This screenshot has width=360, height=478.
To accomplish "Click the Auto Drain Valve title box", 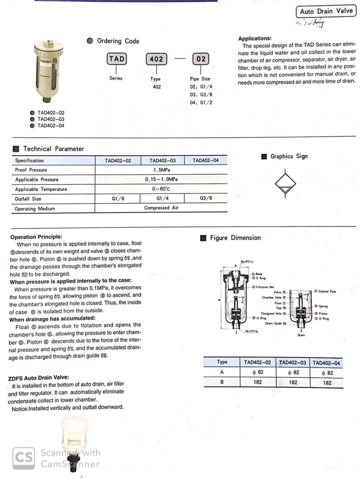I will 326,11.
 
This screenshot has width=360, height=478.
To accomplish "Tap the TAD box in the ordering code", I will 116,59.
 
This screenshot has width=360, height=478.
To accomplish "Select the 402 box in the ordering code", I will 157,59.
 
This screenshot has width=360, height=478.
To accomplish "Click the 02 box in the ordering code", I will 201,59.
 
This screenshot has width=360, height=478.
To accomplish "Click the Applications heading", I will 255,39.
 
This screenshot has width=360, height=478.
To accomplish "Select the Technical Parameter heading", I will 53,149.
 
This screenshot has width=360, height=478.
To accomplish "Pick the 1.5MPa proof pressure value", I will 161,170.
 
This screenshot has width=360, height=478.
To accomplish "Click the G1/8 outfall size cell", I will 117,198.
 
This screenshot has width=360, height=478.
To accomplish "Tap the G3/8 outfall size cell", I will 205,198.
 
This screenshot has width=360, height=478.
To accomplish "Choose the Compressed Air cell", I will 161,208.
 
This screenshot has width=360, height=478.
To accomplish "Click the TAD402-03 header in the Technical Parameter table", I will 162,161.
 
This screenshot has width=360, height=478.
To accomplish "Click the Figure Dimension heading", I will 235,238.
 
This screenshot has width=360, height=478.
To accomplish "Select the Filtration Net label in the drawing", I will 264,287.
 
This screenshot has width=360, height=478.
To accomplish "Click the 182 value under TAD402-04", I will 327,382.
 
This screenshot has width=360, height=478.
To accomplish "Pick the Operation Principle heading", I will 36,237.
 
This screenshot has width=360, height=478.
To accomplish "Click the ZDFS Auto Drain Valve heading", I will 39,378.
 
